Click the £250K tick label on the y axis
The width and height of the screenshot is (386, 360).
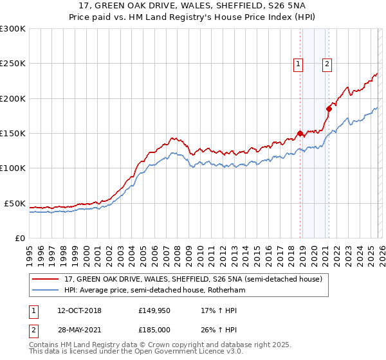13,64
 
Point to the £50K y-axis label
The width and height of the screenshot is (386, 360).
15,203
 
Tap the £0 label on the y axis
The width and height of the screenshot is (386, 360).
20,238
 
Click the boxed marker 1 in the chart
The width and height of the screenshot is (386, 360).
299,64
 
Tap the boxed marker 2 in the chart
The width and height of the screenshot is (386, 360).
327,64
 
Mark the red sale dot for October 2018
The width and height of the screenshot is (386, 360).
300,134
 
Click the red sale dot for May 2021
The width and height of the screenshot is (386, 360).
329,109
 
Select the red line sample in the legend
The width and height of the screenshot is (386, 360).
46,279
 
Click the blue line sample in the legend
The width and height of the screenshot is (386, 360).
46,290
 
